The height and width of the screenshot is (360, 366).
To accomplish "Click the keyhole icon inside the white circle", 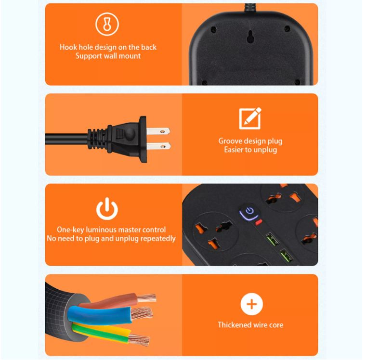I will point(107,25).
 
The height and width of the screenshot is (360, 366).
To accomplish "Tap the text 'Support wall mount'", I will point(108,56).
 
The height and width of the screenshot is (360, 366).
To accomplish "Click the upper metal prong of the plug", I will point(158,130).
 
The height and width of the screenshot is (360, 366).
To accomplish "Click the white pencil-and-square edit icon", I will point(250,118).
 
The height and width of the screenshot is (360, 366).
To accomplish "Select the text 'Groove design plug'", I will point(250,141).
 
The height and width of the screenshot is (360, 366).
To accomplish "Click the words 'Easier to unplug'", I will point(250,150).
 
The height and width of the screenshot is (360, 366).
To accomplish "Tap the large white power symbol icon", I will point(107,209).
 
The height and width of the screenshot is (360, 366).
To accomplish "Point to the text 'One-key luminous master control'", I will point(111,230).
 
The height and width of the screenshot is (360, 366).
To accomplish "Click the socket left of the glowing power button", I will point(213,227).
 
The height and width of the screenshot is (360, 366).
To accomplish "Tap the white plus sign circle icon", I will point(251,304).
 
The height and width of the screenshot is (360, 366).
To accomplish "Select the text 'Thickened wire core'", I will point(250,325).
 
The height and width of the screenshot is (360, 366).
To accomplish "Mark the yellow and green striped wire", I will point(104,332).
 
